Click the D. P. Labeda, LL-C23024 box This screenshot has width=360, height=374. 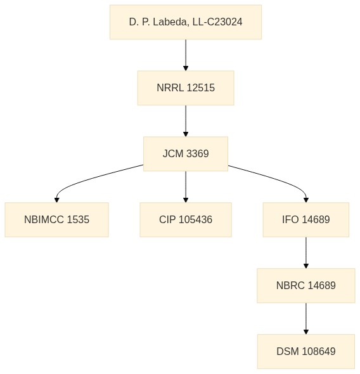(186, 22)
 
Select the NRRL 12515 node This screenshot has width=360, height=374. (186, 88)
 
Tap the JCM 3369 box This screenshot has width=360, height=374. (186, 154)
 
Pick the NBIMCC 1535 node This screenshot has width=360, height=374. (57, 220)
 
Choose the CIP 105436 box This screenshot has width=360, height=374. (186, 220)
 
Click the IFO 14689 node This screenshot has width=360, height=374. (306, 220)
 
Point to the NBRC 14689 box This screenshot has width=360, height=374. (306, 285)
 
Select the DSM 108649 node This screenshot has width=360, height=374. (306, 351)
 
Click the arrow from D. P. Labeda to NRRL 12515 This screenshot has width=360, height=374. (186, 55)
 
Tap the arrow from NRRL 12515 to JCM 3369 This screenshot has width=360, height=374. (186, 121)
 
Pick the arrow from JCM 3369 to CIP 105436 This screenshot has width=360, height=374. (186, 187)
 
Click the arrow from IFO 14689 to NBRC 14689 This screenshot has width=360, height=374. (306, 252)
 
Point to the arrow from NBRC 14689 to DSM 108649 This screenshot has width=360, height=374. (306, 318)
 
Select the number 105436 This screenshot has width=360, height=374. (195, 219)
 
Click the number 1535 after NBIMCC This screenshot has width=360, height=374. (78, 219)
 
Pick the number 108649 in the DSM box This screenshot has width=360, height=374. (319, 351)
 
